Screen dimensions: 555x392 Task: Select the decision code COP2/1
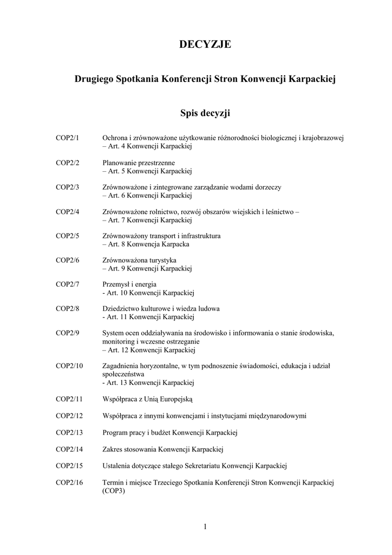pyautogui.click(x=68, y=138)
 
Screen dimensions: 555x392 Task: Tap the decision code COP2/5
pyautogui.click(x=68, y=236)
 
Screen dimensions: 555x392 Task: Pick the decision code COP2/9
pyautogui.click(x=68, y=333)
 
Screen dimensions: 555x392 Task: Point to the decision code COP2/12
pyautogui.click(x=69, y=416)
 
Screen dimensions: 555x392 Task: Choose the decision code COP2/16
pyautogui.click(x=69, y=482)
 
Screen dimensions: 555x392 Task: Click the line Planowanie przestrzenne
pyautogui.click(x=139, y=163)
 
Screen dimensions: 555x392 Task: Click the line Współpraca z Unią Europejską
pyautogui.click(x=147, y=399)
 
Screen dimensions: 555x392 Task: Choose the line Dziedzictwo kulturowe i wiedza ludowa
pyautogui.click(x=161, y=309)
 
